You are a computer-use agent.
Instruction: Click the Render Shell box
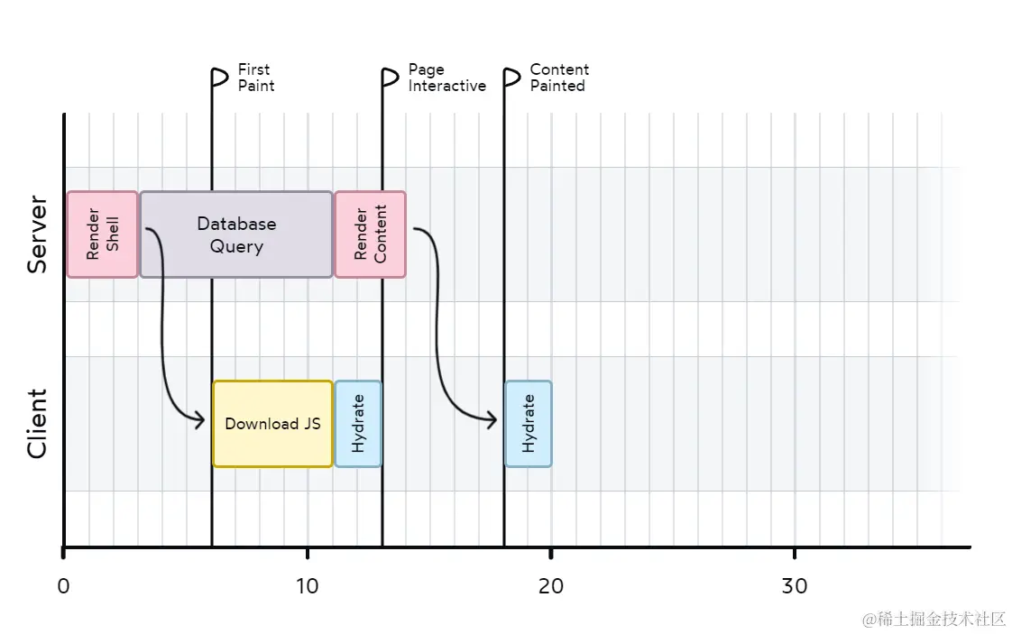[102, 234]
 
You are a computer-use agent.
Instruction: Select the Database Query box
[236, 234]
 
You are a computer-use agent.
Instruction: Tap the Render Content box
[370, 234]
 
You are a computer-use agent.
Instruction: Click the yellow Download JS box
[272, 424]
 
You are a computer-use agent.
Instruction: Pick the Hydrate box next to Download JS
[358, 424]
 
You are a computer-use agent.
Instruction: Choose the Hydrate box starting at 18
[528, 424]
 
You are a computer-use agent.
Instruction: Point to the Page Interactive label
[446, 78]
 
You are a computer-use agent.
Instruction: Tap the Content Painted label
[559, 78]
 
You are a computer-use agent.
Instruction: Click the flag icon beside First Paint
[219, 78]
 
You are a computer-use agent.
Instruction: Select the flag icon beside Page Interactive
[390, 78]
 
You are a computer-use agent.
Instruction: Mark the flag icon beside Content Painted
[511, 78]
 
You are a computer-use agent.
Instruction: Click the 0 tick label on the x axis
[63, 586]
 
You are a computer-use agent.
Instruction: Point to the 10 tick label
[307, 586]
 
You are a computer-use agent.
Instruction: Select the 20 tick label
[550, 586]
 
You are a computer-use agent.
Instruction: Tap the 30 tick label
[794, 586]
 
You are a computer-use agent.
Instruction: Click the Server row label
[37, 234]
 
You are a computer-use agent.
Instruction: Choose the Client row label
[37, 424]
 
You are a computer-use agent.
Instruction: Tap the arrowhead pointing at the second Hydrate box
[492, 419]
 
